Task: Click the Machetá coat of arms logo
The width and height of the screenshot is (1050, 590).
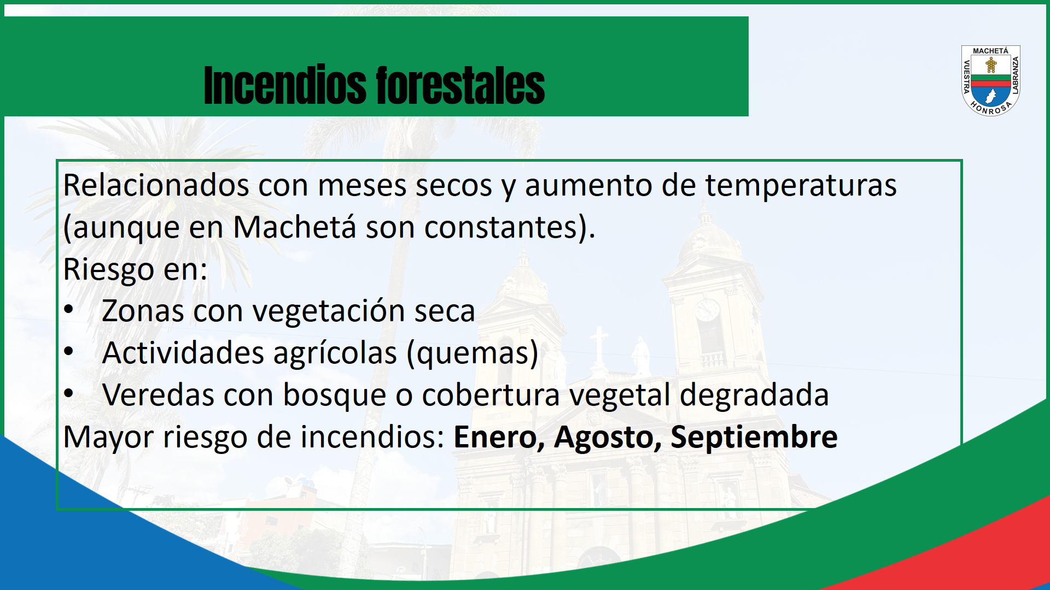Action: [990, 80]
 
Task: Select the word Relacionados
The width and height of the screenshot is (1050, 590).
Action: [156, 185]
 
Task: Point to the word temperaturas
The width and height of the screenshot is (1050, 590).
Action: [801, 186]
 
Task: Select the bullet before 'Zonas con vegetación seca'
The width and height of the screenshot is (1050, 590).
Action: [68, 310]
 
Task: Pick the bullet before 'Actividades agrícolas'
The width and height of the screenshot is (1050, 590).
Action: [68, 351]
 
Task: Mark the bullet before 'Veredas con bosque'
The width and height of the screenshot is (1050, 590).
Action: [68, 393]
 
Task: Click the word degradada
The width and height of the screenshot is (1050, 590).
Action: [754, 395]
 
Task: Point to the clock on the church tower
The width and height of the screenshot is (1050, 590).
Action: [708, 310]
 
